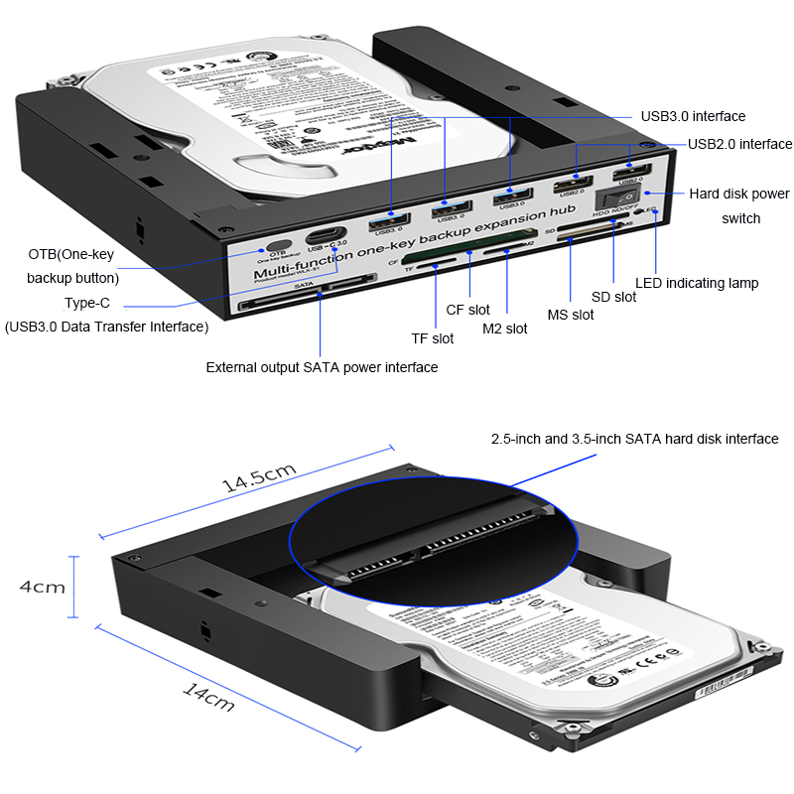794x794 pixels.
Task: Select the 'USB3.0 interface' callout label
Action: click(692, 117)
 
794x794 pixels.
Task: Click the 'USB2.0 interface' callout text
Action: click(739, 144)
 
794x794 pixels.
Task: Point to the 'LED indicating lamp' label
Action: click(697, 283)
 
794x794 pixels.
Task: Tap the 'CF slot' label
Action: click(468, 310)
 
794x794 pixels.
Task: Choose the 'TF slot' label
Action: click(433, 338)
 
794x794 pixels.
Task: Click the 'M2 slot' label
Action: click(505, 329)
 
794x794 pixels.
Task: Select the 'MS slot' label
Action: click(571, 315)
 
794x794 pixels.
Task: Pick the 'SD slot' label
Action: click(613, 297)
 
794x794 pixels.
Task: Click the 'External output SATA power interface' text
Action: click(322, 367)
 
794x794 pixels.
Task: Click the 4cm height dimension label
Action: click(43, 587)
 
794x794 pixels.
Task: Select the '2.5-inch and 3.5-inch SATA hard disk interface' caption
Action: click(634, 439)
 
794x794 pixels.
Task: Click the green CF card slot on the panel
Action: click(437, 265)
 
